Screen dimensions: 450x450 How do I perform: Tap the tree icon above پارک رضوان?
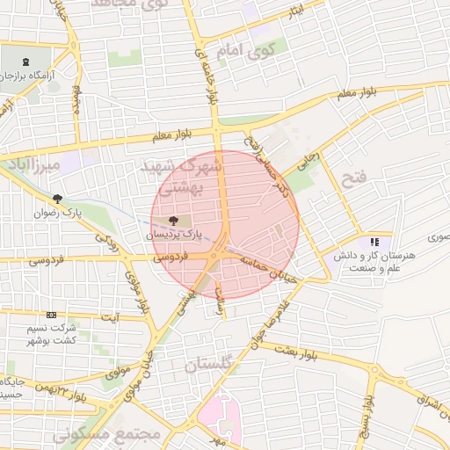click(58, 199)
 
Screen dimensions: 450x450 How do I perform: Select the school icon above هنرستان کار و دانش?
click(375, 242)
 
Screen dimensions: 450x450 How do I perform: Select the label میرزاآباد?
click(33, 165)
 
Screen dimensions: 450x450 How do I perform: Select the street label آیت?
click(110, 315)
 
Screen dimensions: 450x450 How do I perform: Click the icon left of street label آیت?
click(51, 315)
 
